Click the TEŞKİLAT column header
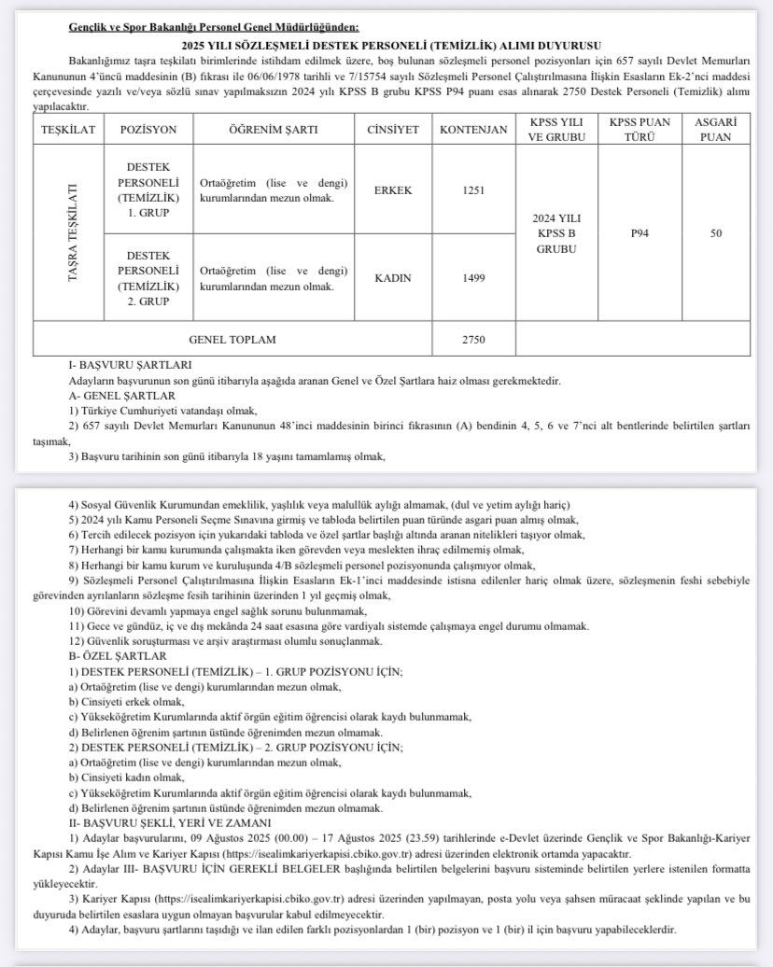68,130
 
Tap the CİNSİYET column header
393,130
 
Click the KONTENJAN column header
474,130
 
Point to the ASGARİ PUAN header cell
715,130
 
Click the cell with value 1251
474,190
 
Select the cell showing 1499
474,277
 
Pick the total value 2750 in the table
474,339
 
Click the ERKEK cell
393,190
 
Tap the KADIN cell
393,277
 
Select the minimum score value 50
715,233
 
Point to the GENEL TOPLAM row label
232,339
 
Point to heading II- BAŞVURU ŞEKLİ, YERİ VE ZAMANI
177,822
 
